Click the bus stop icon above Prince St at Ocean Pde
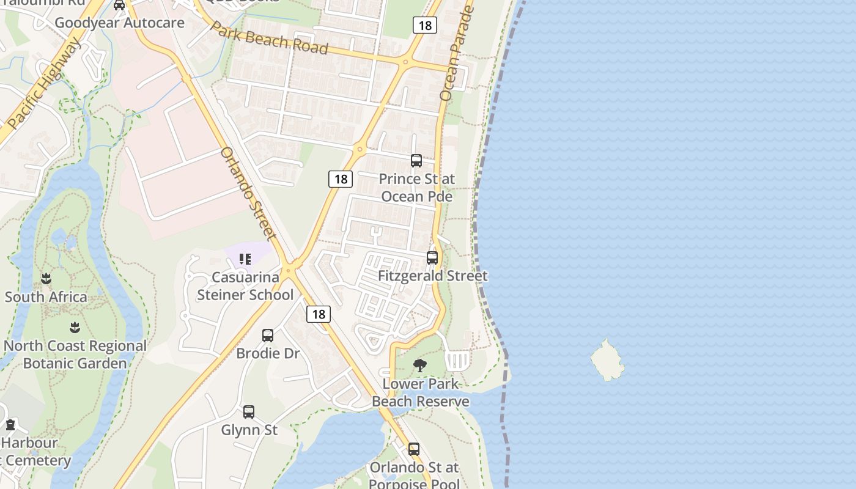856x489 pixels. point(416,161)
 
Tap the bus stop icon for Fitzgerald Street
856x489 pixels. point(432,258)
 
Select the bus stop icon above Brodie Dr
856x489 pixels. point(268,336)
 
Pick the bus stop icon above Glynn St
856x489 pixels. point(249,412)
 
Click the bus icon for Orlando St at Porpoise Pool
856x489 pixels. point(414,449)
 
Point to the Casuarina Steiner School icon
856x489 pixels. point(245,259)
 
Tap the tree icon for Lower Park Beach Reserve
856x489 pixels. point(420,366)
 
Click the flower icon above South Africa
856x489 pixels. point(46,279)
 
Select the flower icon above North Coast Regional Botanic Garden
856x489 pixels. point(75,328)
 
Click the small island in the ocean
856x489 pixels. point(607,361)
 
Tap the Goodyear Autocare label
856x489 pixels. point(119,23)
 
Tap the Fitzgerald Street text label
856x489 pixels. point(432,276)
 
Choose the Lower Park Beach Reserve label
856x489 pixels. point(421,392)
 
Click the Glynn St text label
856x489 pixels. point(249,430)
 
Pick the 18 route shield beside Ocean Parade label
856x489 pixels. point(424,25)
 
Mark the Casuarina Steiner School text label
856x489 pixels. point(245,286)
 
